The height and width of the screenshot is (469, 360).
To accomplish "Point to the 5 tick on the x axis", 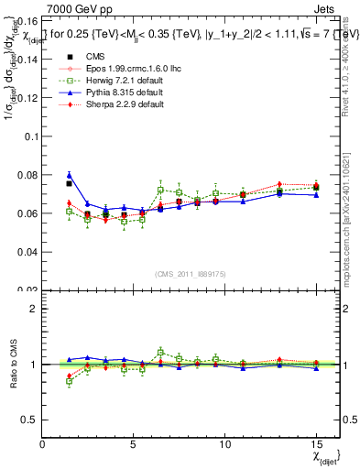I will coord(134,444).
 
